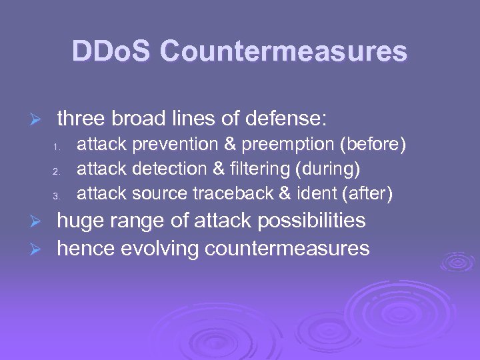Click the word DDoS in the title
pos(111,51)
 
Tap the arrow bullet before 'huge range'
pos(39,221)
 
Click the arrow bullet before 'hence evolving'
pos(39,249)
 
